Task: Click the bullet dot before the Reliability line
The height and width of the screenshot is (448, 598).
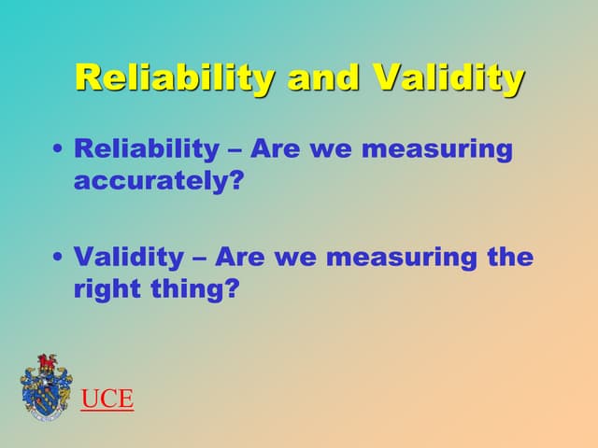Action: [x=60, y=150]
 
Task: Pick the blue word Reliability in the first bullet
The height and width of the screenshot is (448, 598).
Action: [x=144, y=149]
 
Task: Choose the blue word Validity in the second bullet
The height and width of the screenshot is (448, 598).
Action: [x=127, y=257]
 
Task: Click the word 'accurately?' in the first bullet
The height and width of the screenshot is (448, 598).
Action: [x=158, y=181]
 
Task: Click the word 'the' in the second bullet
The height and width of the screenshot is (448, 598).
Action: [x=510, y=257]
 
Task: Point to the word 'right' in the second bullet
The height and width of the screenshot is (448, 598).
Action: [x=106, y=289]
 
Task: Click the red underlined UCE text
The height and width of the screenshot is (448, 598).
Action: [x=107, y=400]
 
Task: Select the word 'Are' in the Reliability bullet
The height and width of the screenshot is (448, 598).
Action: [x=278, y=149]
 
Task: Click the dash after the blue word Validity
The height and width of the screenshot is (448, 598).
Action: [x=200, y=258]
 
